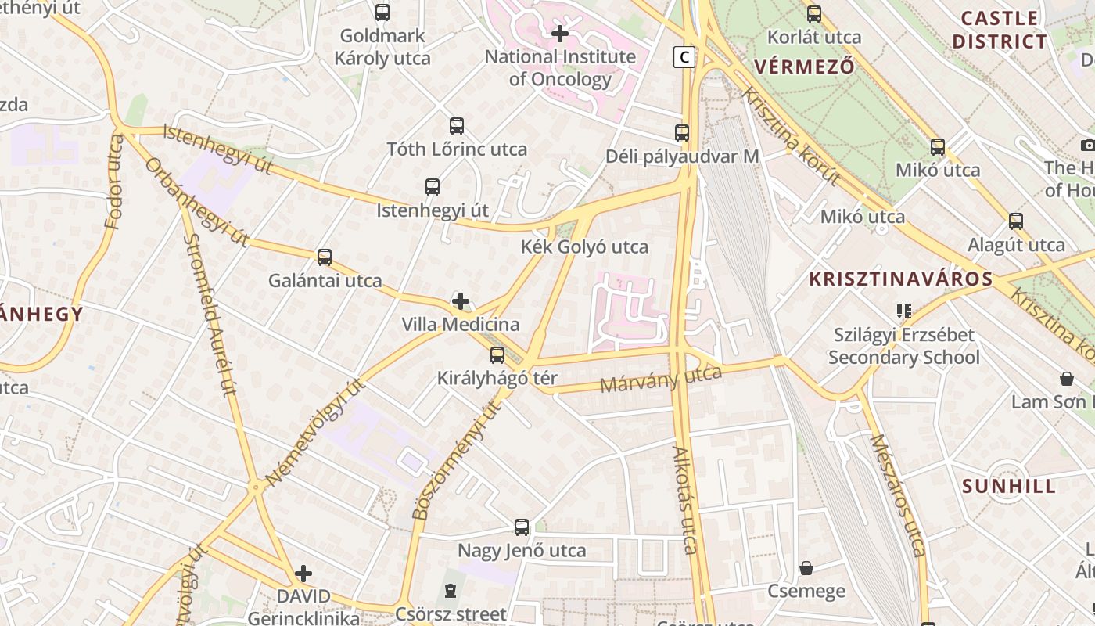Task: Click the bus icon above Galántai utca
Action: tap(324, 257)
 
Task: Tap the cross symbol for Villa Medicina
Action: tap(461, 301)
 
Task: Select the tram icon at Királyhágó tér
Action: tap(497, 355)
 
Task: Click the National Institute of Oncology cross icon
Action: tap(560, 34)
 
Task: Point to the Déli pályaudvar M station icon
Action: tap(682, 133)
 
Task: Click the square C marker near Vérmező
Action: tap(684, 56)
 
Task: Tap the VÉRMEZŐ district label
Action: tap(804, 67)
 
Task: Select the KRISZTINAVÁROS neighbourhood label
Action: tap(900, 279)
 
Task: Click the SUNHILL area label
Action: tap(1009, 486)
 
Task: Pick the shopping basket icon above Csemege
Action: tap(806, 568)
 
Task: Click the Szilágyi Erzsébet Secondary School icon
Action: tap(904, 311)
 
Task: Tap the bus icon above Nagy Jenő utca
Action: tap(522, 527)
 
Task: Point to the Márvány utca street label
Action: tap(661, 379)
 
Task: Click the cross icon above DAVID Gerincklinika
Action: tap(303, 574)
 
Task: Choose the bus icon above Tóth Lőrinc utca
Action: tap(457, 126)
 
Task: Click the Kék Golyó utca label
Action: tap(584, 247)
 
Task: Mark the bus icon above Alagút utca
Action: tap(1015, 221)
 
